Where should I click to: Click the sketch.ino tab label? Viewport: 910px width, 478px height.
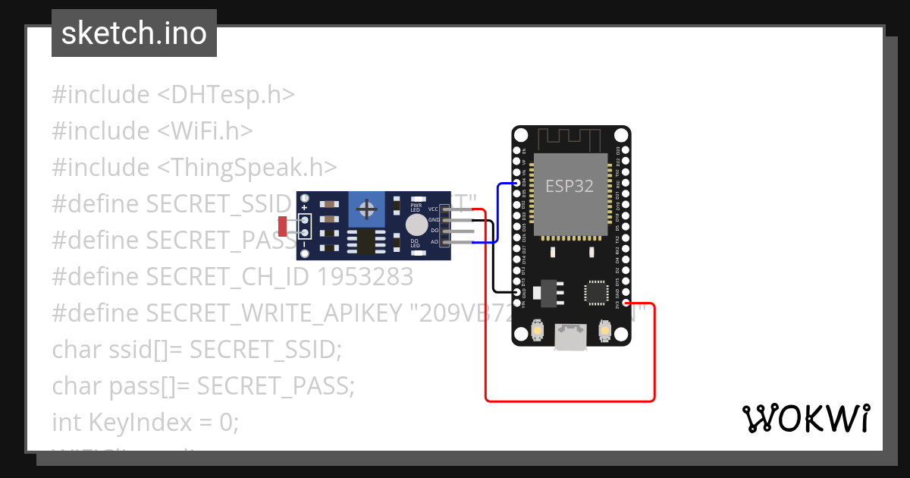tap(133, 33)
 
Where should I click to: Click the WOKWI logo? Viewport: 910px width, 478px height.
tap(805, 418)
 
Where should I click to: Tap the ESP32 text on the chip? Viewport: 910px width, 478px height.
tap(569, 186)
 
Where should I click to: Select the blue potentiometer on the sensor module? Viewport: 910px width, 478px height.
tap(367, 209)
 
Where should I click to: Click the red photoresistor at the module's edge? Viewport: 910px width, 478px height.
tap(283, 225)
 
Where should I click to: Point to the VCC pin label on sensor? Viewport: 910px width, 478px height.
tap(434, 209)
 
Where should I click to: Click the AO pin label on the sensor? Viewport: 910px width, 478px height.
tap(435, 242)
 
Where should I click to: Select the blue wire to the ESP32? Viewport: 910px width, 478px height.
tap(497, 213)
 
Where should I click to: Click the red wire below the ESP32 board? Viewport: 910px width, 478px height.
tap(569, 400)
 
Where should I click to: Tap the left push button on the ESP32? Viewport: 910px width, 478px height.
tap(537, 332)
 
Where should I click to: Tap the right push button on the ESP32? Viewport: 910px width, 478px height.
tap(605, 331)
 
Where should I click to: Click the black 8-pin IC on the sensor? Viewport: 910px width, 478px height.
tap(365, 243)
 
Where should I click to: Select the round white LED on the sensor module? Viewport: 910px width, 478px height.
tap(416, 225)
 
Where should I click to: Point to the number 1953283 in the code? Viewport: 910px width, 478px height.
tap(366, 276)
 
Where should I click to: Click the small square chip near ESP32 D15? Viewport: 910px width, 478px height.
tap(596, 292)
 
